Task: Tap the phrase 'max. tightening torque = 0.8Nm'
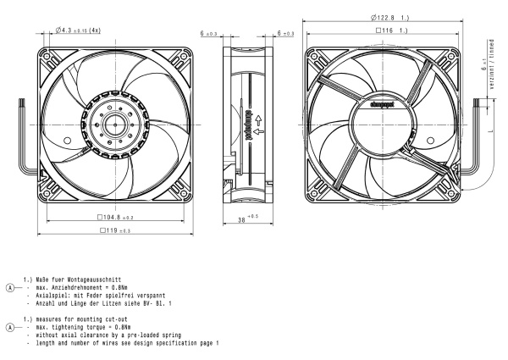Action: (x=80, y=325)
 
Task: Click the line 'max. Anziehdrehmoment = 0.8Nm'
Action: (x=81, y=287)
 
